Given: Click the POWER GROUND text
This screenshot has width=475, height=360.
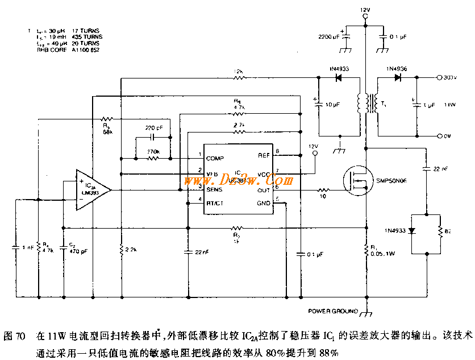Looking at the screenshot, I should tap(333, 311).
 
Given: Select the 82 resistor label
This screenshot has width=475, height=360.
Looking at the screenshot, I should tap(448, 233).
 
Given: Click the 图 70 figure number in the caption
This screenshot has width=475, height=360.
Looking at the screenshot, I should tap(14, 336).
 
